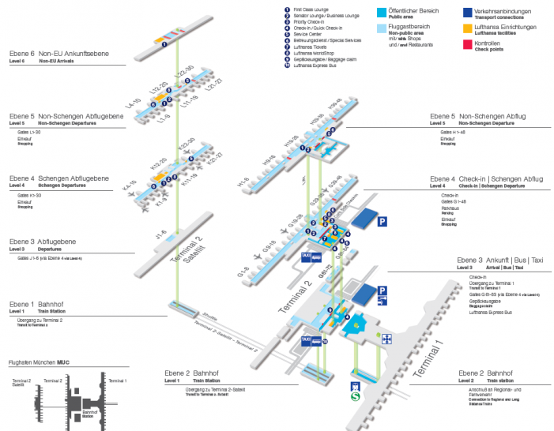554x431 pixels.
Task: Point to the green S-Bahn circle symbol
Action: click(x=357, y=399)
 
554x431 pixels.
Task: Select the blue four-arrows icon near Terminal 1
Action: click(x=387, y=339)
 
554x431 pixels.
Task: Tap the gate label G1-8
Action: click(x=245, y=274)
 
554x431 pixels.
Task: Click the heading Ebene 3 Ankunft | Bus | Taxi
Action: click(x=499, y=260)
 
